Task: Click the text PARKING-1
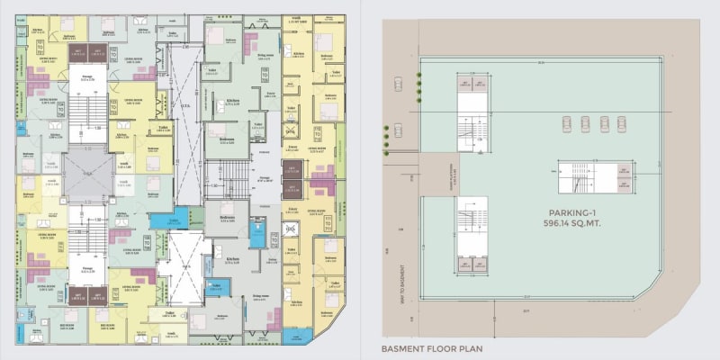tap(574, 211)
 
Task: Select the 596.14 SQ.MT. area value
tap(574, 222)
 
